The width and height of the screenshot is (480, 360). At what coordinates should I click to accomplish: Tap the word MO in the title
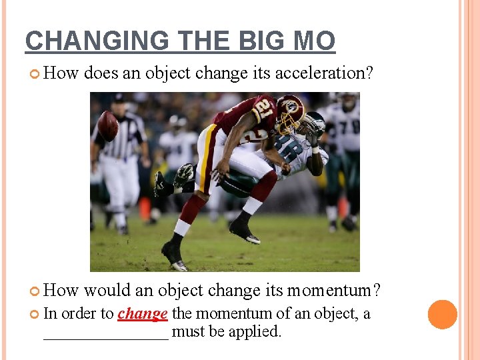[x=314, y=41]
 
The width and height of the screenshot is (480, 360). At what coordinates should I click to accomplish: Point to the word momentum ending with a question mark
[x=334, y=291]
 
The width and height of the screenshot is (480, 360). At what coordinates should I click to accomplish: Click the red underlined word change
[x=142, y=313]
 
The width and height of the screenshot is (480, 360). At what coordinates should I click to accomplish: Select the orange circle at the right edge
[x=443, y=315]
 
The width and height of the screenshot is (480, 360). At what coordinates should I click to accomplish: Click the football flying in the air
[x=107, y=125]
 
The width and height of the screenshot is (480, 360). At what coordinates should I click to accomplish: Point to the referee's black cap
[x=119, y=98]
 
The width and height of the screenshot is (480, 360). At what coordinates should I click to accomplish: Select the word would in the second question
[x=107, y=291]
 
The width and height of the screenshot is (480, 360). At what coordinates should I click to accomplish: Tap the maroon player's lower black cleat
[x=171, y=256]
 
